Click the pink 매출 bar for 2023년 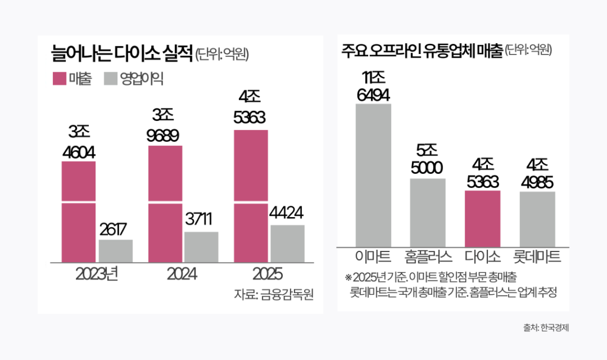(x=78, y=211)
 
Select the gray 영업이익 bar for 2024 (x=201, y=247)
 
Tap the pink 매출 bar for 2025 (x=251, y=196)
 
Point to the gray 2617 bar (x=116, y=250)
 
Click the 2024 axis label (x=183, y=275)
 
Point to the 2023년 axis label (x=97, y=275)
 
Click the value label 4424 (x=287, y=212)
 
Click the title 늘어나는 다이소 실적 (x=122, y=55)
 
